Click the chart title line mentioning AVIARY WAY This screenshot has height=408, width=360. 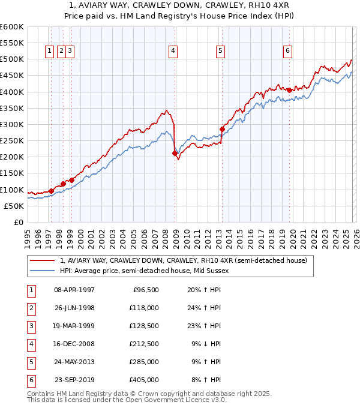tap(179, 5)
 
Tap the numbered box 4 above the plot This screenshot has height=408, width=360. tap(173, 52)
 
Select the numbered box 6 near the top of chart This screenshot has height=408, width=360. tap(288, 52)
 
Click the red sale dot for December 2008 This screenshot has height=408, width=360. tap(175, 154)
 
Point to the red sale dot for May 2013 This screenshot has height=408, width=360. tap(222, 129)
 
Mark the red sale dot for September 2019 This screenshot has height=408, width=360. tap(289, 90)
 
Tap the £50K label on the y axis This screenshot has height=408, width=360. tap(14, 206)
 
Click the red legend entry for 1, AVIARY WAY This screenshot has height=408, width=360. tap(184, 260)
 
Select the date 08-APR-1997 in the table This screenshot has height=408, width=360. tap(74, 290)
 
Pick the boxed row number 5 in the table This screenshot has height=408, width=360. tap(31, 362)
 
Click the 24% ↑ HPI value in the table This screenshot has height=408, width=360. tap(204, 308)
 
